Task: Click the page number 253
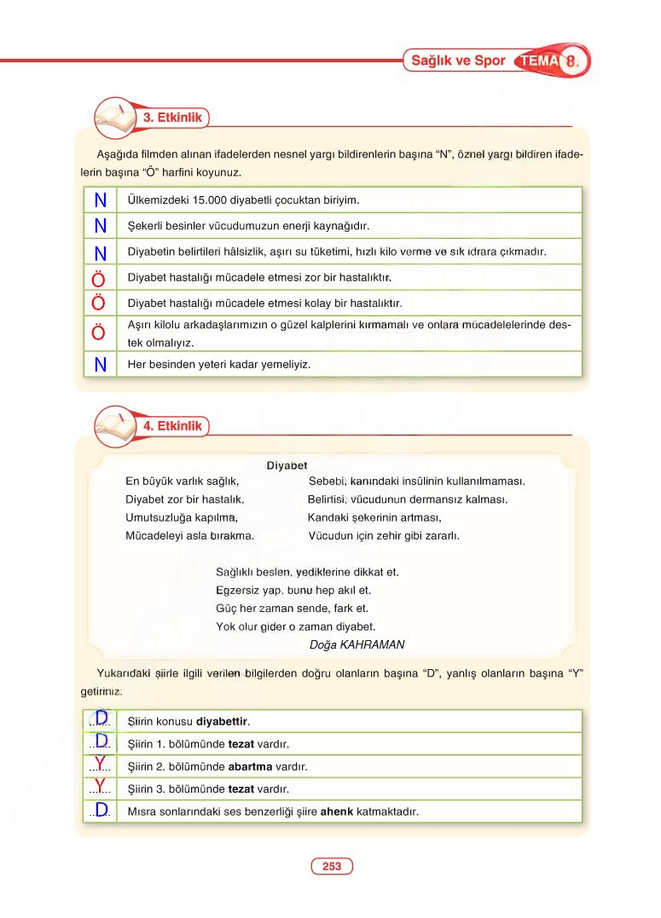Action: pos(332,866)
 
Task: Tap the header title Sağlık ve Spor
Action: pos(458,61)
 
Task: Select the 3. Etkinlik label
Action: pos(172,118)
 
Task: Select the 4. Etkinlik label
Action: pos(172,425)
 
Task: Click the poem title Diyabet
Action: pos(287,465)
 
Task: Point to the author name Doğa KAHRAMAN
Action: pos(357,644)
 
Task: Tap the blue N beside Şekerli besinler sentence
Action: pos(100,226)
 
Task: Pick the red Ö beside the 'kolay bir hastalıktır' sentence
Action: pos(99,303)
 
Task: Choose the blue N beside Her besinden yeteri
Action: pos(100,364)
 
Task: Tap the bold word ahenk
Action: pos(337,811)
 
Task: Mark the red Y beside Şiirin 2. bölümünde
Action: pos(100,763)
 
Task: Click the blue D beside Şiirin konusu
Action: pos(101,718)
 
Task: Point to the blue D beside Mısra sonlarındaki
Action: pos(101,809)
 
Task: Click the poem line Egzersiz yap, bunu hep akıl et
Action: pos(293,590)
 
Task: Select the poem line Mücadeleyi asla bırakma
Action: pos(189,536)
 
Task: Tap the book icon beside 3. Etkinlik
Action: pos(113,117)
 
